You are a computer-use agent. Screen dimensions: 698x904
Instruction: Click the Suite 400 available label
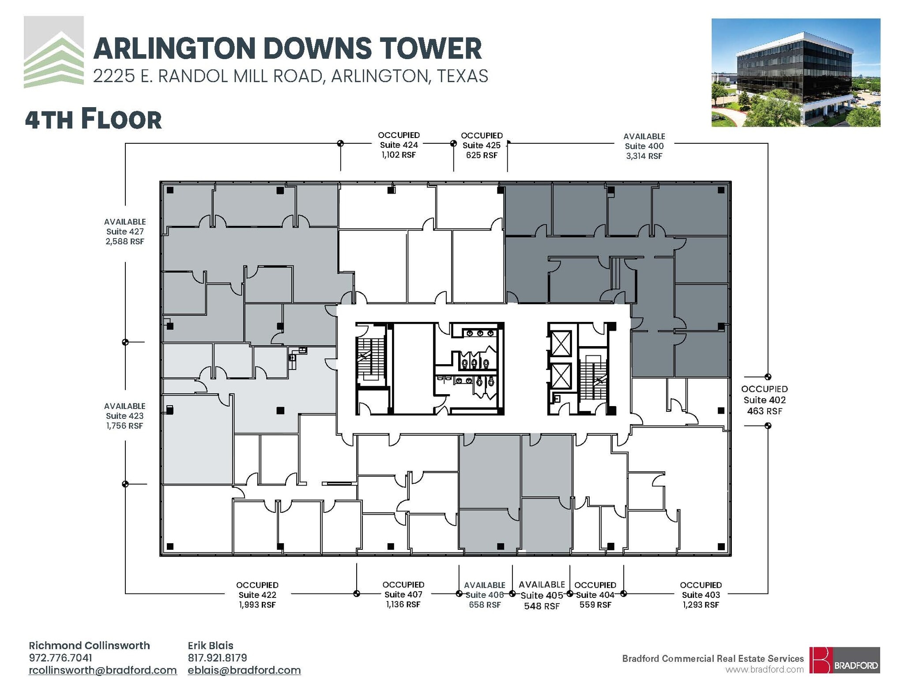coord(644,146)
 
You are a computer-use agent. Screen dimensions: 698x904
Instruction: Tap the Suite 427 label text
coord(125,231)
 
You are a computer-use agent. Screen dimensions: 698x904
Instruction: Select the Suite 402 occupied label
coord(765,400)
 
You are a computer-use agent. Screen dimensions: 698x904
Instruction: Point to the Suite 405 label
coord(542,595)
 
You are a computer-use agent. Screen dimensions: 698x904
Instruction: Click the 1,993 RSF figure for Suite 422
coord(257,605)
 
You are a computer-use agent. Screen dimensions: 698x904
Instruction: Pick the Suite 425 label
coord(482,145)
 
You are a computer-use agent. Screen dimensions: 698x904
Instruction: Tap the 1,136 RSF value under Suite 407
coord(403,605)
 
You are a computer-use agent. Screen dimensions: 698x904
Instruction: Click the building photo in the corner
coord(795,73)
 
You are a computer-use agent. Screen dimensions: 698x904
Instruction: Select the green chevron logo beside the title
coord(54,52)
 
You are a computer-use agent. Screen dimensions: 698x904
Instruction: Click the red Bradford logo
coord(844,660)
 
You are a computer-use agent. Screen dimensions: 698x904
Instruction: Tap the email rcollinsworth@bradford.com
coord(103,670)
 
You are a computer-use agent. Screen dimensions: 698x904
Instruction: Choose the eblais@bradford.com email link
coord(244,670)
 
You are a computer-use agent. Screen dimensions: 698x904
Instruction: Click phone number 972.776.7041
coord(60,658)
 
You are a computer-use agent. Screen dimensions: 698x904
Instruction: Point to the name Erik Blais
coord(211,646)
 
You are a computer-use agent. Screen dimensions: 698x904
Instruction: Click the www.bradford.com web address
coord(765,669)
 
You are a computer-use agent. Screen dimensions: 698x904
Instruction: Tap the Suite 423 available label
coord(125,416)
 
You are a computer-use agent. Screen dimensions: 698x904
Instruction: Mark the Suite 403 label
coord(701,595)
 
